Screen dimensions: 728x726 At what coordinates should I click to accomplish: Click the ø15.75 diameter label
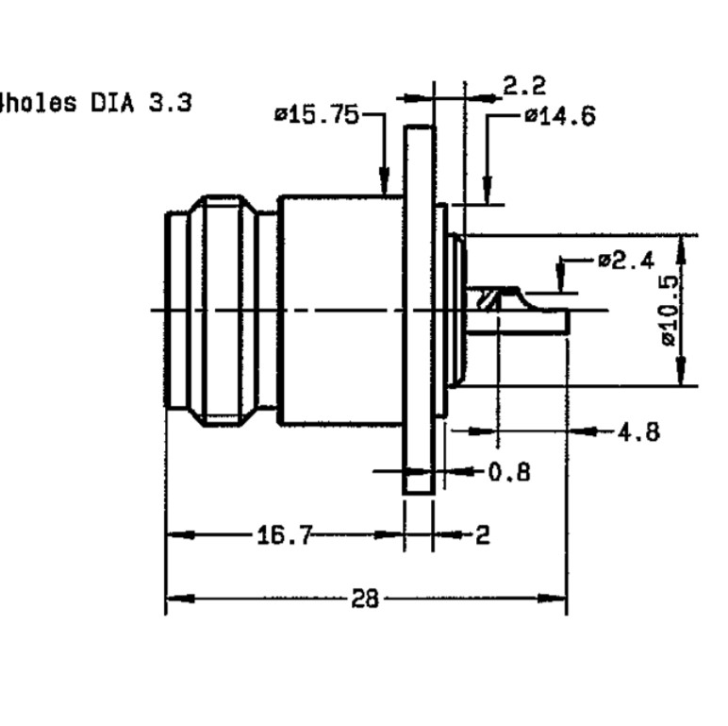pos(317,115)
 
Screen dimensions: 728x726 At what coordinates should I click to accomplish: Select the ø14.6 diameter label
pos(560,116)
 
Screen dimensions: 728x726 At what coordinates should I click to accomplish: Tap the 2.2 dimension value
pos(524,86)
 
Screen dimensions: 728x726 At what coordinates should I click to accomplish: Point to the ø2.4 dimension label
pos(626,261)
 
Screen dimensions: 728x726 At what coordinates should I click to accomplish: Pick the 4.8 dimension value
pos(638,433)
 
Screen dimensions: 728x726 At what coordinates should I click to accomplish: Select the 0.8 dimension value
pos(509,473)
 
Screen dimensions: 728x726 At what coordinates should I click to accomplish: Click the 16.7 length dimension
pos(285,535)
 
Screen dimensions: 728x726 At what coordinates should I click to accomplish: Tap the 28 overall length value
pos(365,599)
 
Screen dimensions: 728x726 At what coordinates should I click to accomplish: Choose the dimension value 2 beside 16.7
pos(483,535)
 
